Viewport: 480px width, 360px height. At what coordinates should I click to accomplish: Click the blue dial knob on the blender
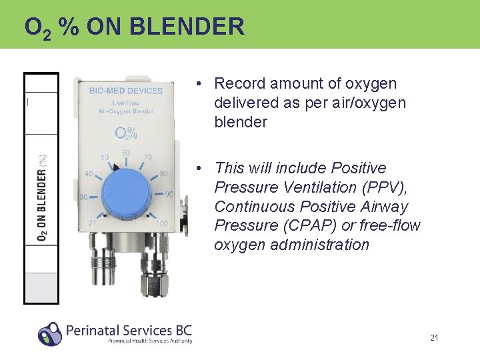click(x=126, y=193)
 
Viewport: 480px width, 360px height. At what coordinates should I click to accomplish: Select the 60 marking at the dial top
click(x=126, y=153)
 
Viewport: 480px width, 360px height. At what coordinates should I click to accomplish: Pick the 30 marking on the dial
click(x=84, y=197)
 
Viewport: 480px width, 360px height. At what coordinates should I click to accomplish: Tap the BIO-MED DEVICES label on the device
click(x=125, y=91)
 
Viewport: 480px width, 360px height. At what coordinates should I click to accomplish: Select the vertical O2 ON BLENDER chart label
click(x=42, y=197)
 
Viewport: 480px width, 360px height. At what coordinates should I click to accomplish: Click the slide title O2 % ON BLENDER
click(x=134, y=27)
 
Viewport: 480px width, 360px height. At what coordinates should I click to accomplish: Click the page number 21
click(x=434, y=338)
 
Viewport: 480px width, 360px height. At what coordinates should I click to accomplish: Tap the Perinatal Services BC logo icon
click(x=49, y=333)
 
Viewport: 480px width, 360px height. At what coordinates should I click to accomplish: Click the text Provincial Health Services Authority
click(x=150, y=341)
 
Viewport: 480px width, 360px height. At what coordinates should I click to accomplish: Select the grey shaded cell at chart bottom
click(x=41, y=287)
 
